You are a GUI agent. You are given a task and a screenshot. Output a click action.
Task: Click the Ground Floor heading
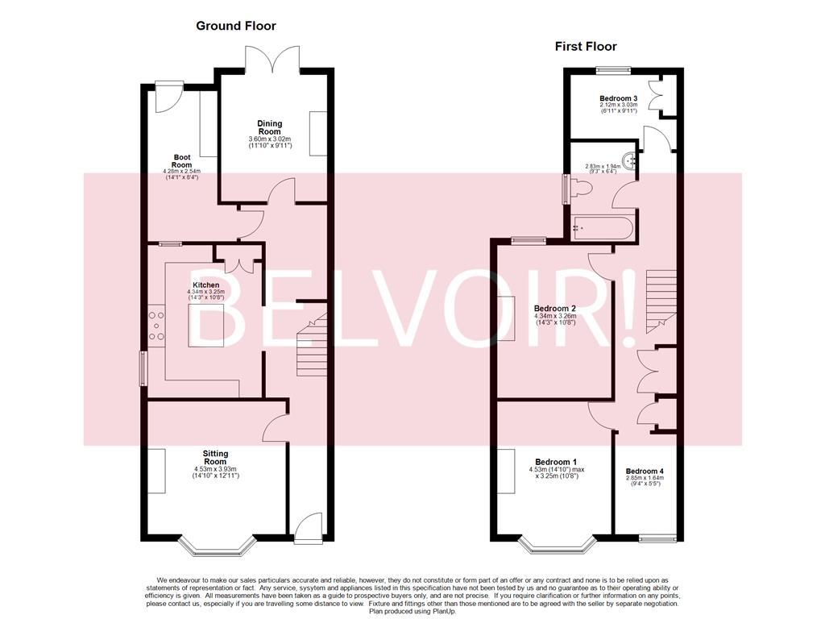[x=236, y=26]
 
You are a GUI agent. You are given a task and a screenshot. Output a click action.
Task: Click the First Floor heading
[x=586, y=46]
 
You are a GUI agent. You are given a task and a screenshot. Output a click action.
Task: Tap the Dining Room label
[x=269, y=127]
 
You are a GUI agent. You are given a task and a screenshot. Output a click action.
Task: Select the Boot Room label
[x=182, y=160]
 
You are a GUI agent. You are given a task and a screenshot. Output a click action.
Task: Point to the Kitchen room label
[x=206, y=285]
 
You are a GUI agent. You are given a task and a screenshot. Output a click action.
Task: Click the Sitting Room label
[x=216, y=457]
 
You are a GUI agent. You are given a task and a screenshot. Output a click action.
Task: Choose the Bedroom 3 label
[x=619, y=98]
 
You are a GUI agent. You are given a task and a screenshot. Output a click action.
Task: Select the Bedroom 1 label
[x=556, y=462]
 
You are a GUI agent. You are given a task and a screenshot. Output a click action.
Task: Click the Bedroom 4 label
[x=645, y=471]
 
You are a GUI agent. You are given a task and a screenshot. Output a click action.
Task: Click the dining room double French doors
[x=272, y=59]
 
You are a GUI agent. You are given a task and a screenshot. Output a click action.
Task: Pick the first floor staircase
[x=661, y=301]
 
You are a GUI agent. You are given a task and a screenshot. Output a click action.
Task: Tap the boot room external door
[x=169, y=98]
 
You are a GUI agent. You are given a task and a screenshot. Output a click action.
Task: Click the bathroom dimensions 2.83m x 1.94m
[x=603, y=168]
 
